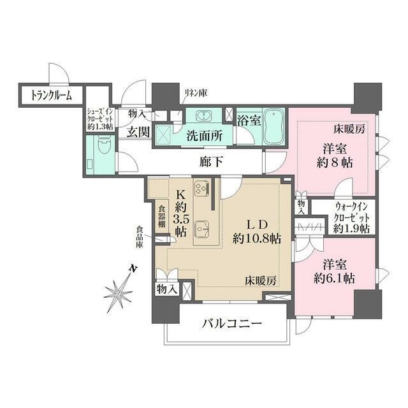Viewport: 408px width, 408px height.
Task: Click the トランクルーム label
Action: coord(52,96)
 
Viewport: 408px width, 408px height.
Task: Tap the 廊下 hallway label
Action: coord(211,163)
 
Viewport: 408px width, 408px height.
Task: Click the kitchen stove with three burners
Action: coord(202,189)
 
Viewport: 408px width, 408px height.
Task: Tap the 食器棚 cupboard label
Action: coord(163,216)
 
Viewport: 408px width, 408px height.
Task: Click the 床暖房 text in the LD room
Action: coord(261,280)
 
